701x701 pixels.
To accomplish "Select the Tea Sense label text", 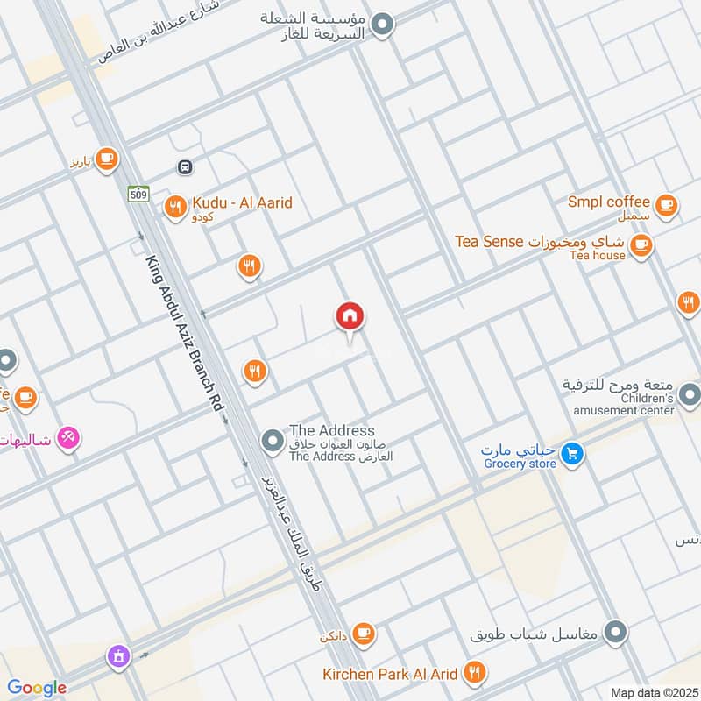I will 489,241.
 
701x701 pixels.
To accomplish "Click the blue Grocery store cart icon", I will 572,454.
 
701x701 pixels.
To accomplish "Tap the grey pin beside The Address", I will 273,435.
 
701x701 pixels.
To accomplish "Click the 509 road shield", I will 137,193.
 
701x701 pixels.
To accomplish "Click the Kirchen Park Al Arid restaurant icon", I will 474,673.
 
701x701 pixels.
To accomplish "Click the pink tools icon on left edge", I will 68,435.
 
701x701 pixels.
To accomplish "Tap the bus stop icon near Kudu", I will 185,167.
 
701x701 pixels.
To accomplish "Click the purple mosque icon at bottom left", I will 117,655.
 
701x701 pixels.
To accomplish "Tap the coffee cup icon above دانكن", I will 364,633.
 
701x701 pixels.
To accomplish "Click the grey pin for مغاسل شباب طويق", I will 617,631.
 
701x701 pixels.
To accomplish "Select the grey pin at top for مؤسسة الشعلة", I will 382,25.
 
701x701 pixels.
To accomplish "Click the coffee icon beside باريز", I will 106,159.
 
